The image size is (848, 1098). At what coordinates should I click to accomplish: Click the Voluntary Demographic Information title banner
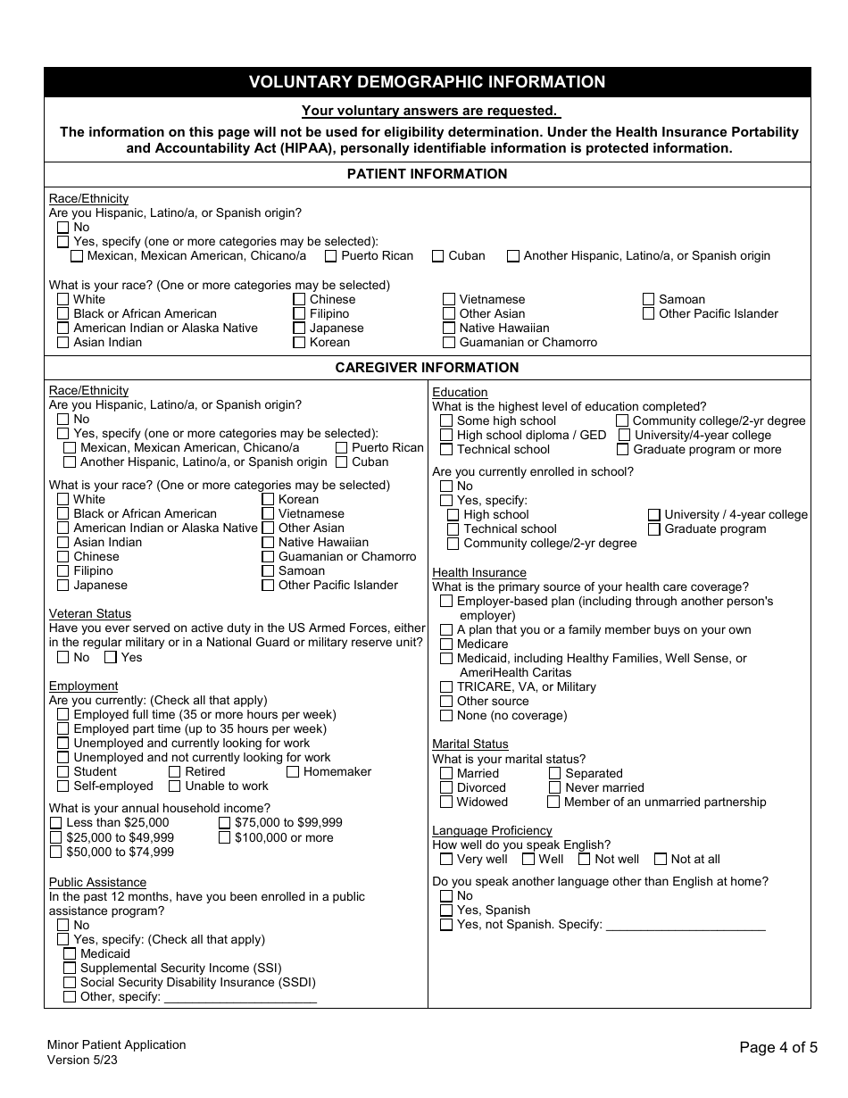pyautogui.click(x=427, y=82)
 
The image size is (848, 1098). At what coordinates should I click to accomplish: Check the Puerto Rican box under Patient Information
pyautogui.click(x=331, y=256)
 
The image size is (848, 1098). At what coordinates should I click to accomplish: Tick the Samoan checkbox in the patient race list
pyautogui.click(x=649, y=300)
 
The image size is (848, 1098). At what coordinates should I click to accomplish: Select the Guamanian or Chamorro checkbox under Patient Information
pyautogui.click(x=449, y=343)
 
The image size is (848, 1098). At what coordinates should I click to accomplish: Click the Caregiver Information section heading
pyautogui.click(x=427, y=368)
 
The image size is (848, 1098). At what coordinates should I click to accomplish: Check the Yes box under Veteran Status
pyautogui.click(x=111, y=658)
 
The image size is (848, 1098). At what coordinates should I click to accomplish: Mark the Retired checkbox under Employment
pyautogui.click(x=175, y=772)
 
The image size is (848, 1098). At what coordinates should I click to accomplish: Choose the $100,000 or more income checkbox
pyautogui.click(x=225, y=838)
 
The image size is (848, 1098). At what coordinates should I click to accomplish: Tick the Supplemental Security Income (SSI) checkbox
pyautogui.click(x=70, y=969)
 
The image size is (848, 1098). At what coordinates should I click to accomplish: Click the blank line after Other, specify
pyautogui.click(x=240, y=997)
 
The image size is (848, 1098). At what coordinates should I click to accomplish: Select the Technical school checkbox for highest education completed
pyautogui.click(x=446, y=450)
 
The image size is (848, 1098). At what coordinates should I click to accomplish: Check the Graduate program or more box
pyautogui.click(x=623, y=450)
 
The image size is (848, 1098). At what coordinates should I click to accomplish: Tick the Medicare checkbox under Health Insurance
pyautogui.click(x=446, y=645)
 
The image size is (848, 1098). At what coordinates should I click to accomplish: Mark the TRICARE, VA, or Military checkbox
pyautogui.click(x=446, y=687)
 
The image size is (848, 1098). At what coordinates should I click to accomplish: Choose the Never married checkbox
pyautogui.click(x=554, y=788)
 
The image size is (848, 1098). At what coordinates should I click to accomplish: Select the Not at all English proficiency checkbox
pyautogui.click(x=661, y=860)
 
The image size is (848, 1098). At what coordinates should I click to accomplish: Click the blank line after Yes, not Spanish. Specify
pyautogui.click(x=686, y=925)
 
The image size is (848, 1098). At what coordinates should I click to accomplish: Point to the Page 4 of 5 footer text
pyautogui.click(x=777, y=1048)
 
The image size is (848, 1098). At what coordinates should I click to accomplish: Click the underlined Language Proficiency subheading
pyautogui.click(x=492, y=831)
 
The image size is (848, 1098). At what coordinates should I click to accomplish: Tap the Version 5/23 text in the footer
pyautogui.click(x=83, y=1060)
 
